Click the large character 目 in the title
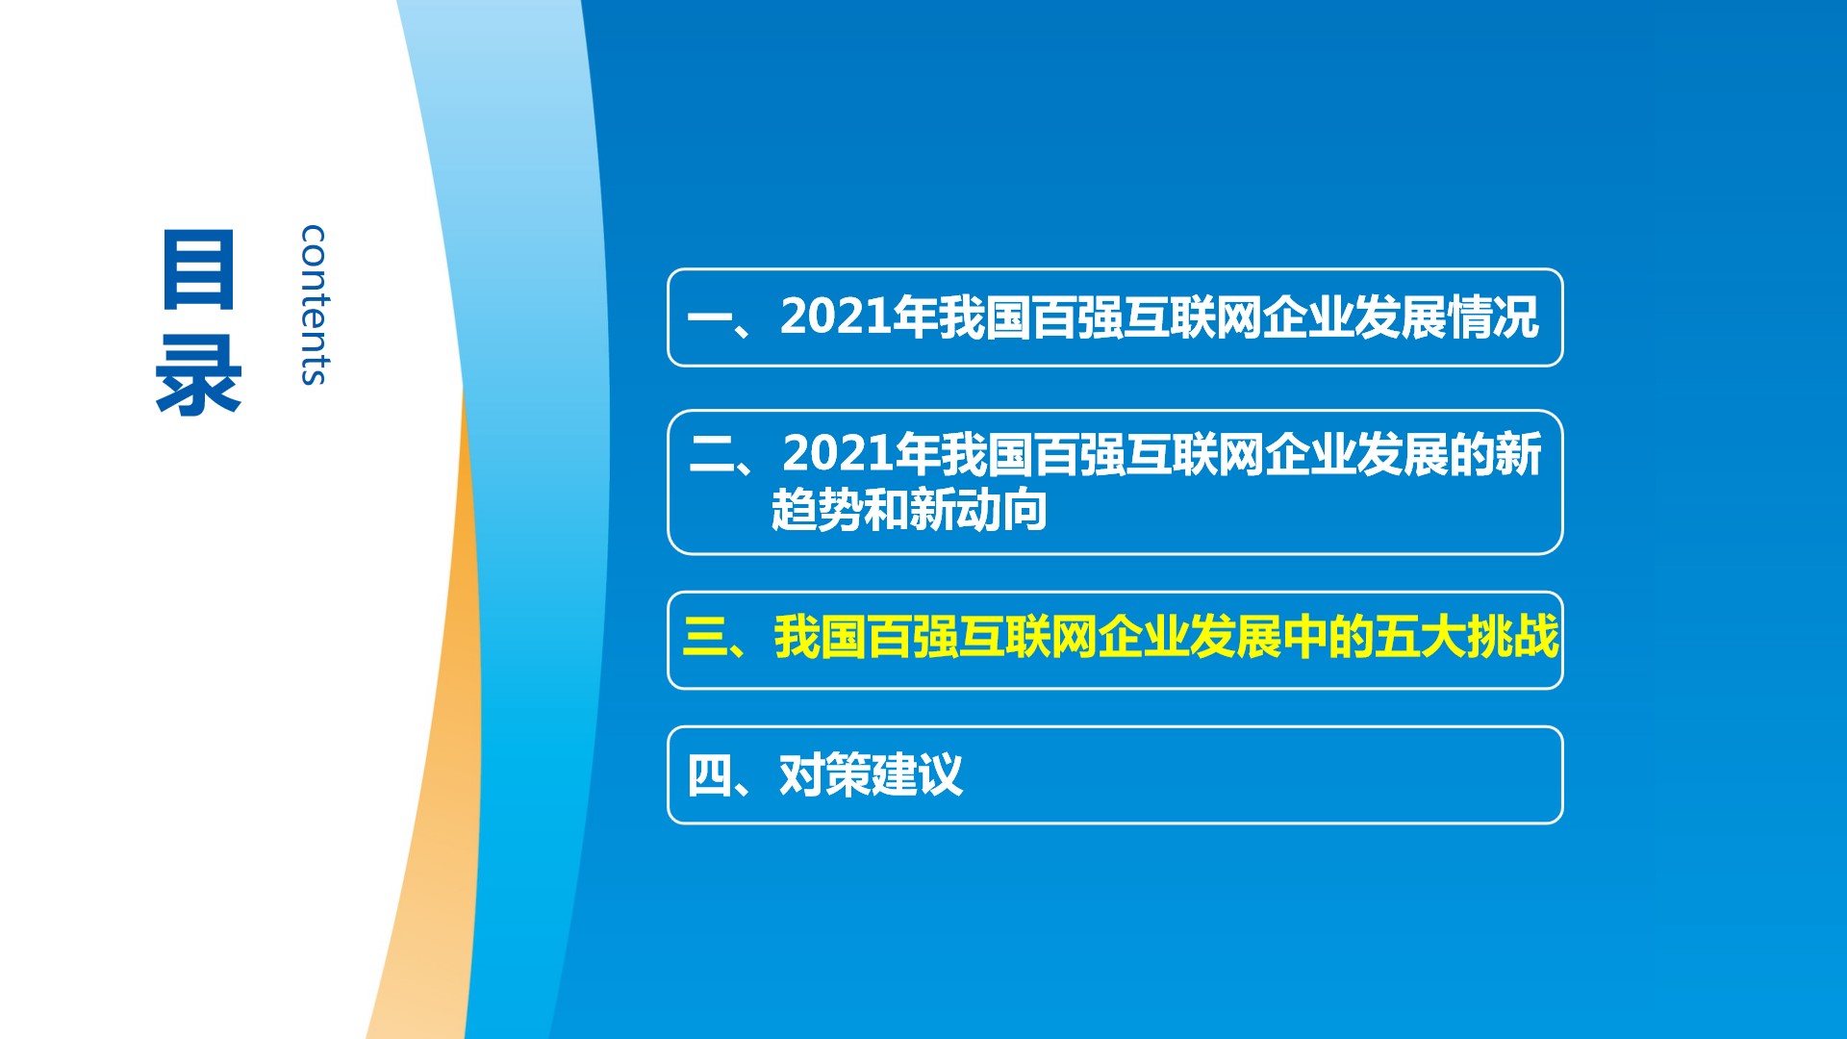click(198, 269)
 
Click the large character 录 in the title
click(198, 376)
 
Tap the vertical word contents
click(314, 305)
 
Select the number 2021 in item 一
click(835, 317)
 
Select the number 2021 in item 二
click(838, 453)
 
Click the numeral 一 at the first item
click(710, 318)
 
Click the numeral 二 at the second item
click(713, 454)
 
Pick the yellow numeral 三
click(706, 637)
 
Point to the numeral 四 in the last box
click(710, 775)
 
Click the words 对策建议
click(871, 775)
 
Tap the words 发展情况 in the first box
click(1447, 317)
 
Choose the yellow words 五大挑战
click(1466, 637)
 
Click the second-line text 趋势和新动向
click(909, 510)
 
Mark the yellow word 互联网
click(1026, 637)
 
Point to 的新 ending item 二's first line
click(1495, 454)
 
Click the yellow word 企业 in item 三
click(1142, 637)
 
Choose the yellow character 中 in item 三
click(1304, 637)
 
